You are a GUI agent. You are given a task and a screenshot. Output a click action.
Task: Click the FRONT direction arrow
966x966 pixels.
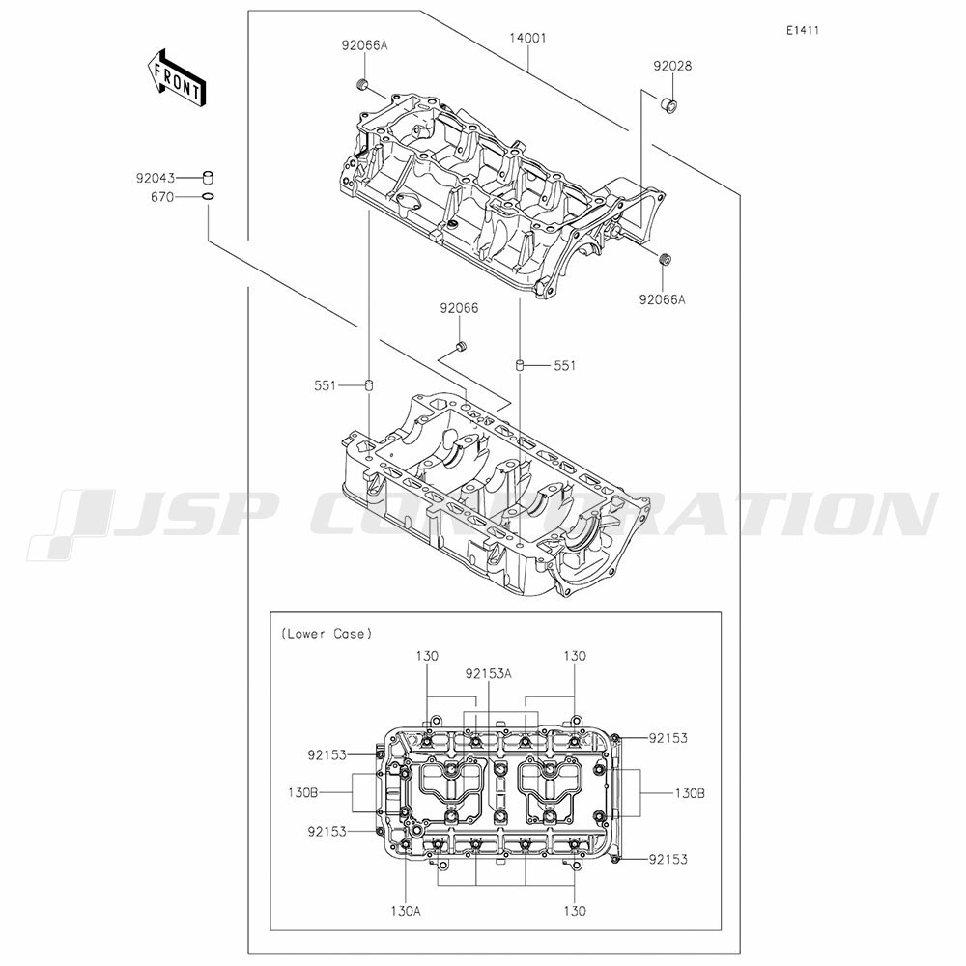click(x=178, y=78)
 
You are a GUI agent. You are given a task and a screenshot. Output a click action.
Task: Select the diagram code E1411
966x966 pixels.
click(x=803, y=30)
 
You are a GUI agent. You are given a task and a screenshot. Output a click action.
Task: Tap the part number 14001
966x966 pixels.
click(x=528, y=39)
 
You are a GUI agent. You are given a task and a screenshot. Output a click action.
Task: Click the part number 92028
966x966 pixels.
click(x=672, y=66)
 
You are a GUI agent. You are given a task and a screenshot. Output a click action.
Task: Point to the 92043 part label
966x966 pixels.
click(x=156, y=178)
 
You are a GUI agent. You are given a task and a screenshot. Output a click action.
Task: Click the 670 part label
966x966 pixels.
click(x=162, y=198)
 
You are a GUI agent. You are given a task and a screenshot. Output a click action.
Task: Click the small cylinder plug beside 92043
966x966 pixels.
click(x=209, y=178)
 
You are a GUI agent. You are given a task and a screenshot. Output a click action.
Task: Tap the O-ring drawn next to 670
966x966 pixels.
click(x=209, y=197)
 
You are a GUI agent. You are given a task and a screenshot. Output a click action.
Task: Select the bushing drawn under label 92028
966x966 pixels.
click(x=669, y=104)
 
